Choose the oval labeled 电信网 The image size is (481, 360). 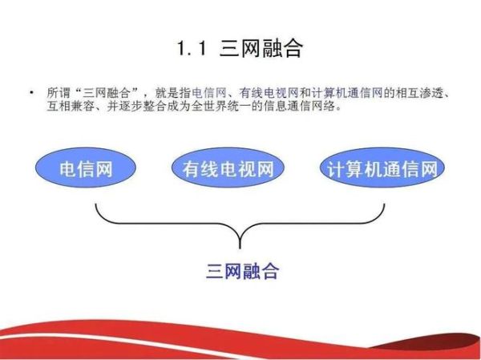tap(85, 169)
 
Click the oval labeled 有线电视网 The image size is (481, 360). tap(228, 169)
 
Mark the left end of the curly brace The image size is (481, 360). tap(96, 205)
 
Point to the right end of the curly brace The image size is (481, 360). tap(384, 205)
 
